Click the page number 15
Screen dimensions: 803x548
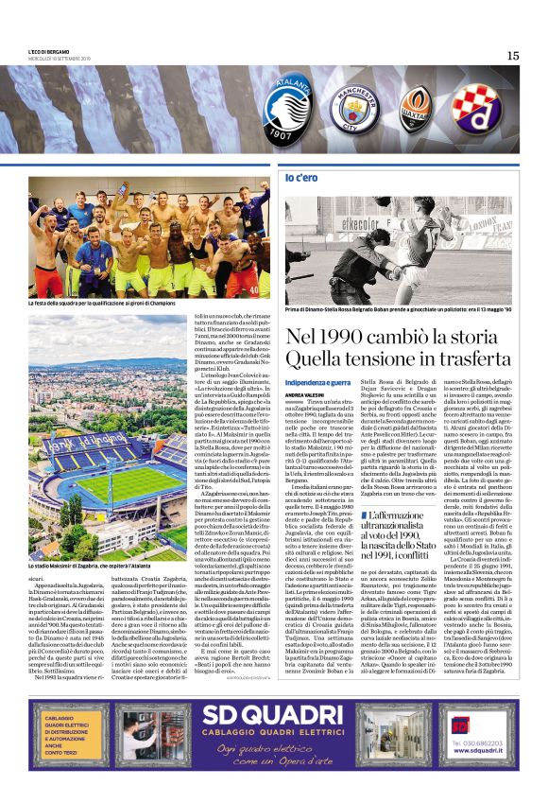click(x=512, y=56)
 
